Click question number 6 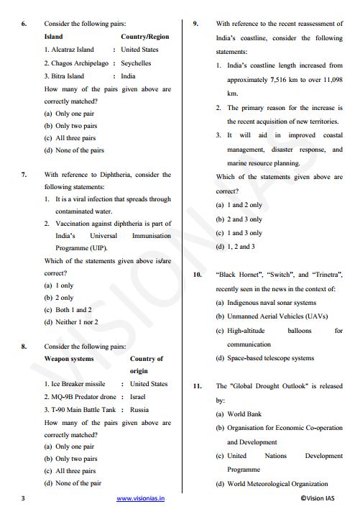[x=24, y=23]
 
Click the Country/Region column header [x=145, y=37]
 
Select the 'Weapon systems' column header [x=69, y=358]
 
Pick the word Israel [x=139, y=397]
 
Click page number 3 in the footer [x=23, y=497]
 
